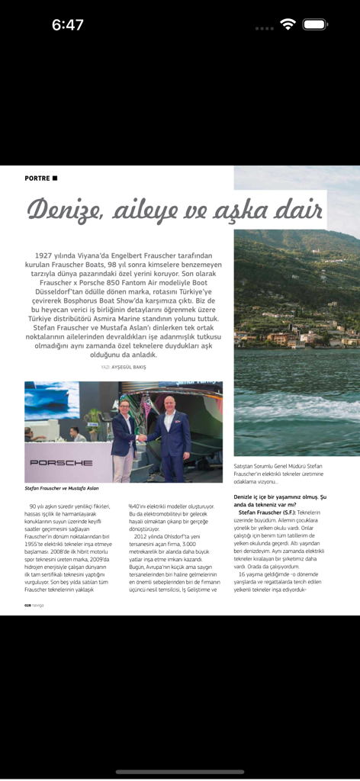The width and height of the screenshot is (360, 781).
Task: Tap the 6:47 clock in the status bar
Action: pos(67,25)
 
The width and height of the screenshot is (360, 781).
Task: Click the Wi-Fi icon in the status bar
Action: pos(288,24)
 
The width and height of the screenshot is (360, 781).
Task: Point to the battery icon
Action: pos(314,24)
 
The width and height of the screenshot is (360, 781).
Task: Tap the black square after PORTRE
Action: pos(55,178)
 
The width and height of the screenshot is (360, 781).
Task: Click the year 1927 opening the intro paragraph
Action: pos(47,256)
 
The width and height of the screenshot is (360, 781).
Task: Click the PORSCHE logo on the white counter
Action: pos(61,462)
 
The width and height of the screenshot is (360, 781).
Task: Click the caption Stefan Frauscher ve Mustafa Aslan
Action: pos(62,488)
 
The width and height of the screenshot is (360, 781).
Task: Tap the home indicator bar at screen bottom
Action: pos(180,771)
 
